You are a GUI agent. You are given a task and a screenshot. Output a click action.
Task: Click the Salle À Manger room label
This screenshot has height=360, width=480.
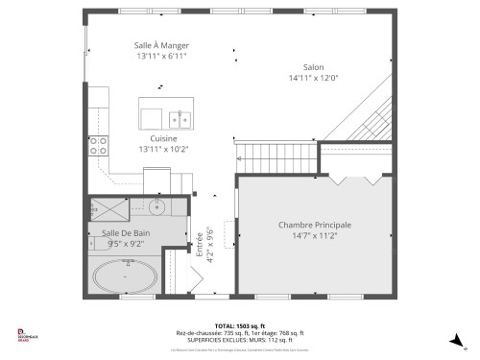160,45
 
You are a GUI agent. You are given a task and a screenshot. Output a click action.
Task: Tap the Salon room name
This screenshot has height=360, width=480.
313,66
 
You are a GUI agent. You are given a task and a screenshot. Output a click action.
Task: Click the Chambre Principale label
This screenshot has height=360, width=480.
314,225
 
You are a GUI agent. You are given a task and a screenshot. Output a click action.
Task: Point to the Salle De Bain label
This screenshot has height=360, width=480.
126,233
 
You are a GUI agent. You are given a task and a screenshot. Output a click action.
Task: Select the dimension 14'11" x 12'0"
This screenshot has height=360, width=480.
313,78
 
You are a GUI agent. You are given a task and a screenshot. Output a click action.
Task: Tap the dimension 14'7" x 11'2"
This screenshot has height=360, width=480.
314,236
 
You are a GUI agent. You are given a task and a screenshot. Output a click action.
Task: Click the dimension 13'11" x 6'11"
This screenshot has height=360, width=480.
160,56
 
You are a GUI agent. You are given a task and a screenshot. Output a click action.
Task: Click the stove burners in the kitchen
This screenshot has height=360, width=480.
98,145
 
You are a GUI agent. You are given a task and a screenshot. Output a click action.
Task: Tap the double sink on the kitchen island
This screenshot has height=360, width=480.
179,119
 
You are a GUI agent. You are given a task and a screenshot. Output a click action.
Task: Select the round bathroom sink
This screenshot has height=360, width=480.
159,207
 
